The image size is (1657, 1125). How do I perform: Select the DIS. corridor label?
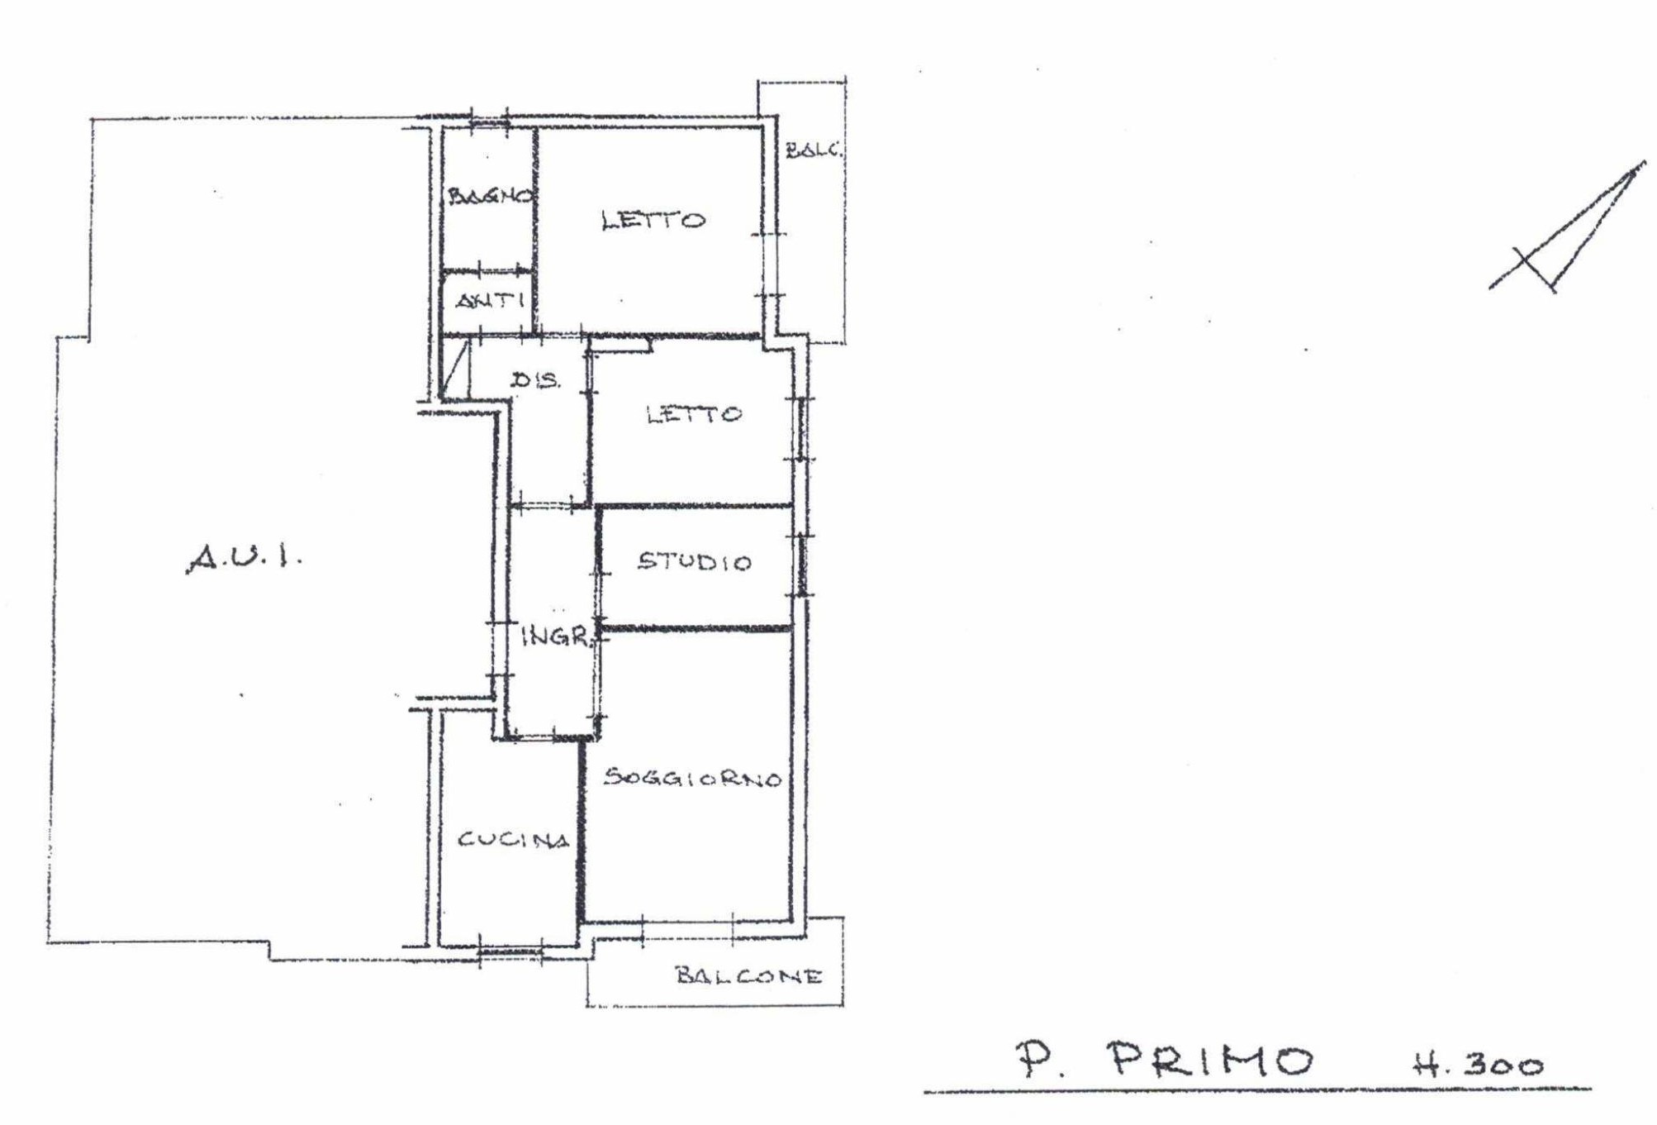535,380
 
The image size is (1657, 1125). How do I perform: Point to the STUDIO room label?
695,562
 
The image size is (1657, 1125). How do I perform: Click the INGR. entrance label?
557,636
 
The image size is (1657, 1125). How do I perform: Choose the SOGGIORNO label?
692,778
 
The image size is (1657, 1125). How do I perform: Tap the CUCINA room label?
514,840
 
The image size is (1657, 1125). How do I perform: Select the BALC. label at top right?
814,150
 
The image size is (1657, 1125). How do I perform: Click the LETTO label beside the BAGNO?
653,221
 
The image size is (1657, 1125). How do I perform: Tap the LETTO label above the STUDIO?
694,414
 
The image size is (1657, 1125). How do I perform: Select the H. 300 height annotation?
1477,1064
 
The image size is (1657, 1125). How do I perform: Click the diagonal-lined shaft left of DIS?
456,369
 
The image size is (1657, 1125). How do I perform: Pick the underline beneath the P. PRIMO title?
1257,1091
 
